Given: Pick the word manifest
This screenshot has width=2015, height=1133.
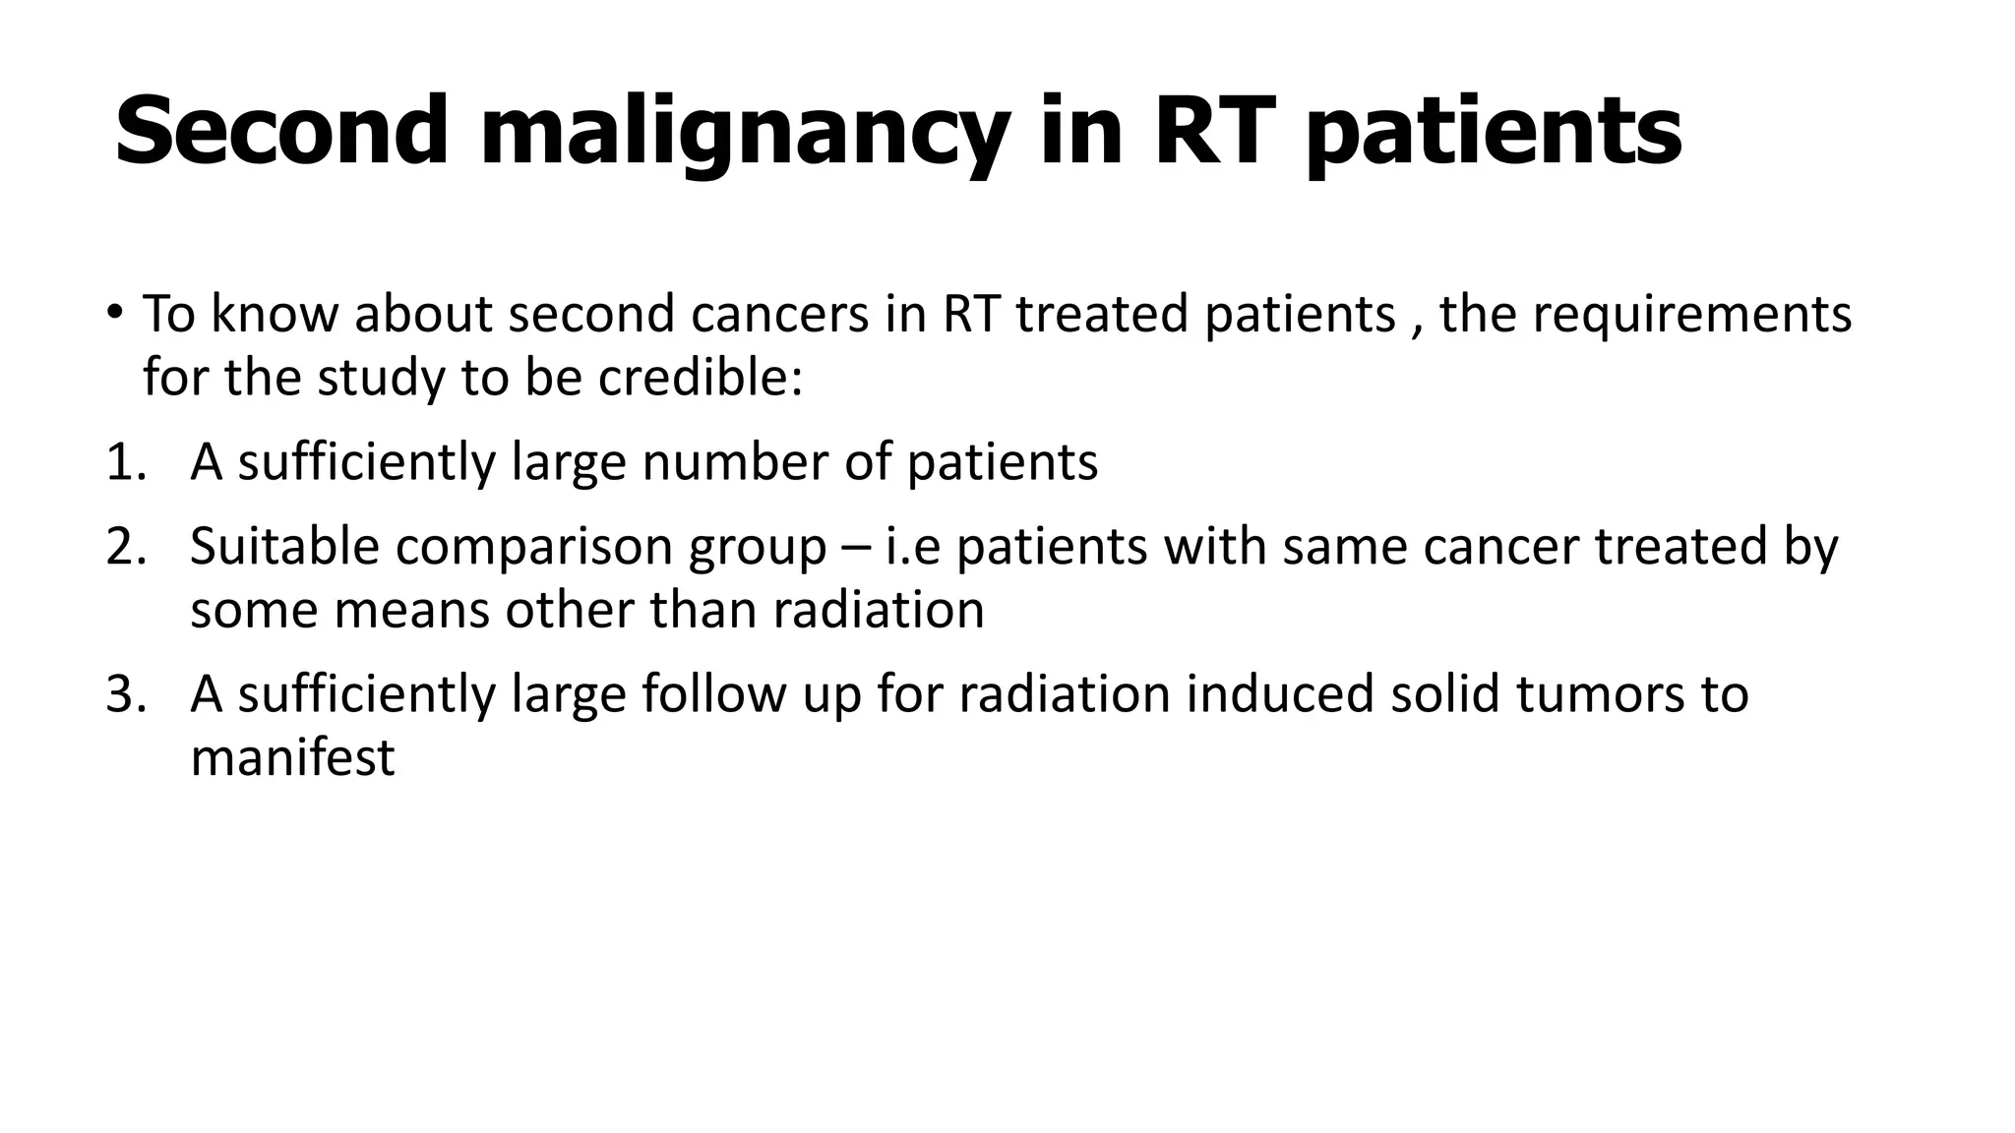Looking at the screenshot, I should [x=292, y=758].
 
